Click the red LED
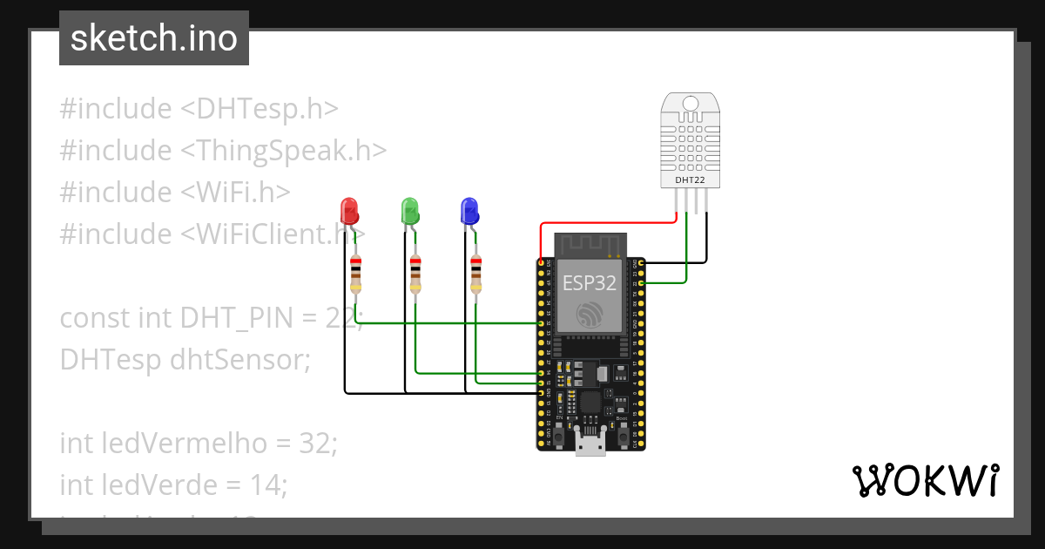point(349,211)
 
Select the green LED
point(409,211)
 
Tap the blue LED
point(469,211)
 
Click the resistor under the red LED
point(355,274)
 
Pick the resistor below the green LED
point(415,274)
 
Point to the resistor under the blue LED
point(475,274)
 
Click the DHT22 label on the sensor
point(691,180)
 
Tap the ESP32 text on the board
point(590,283)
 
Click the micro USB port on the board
point(590,445)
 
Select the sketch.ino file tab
point(154,38)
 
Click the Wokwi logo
point(925,481)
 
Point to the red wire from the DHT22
point(610,222)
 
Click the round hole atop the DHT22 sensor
point(691,104)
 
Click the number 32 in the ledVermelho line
point(317,443)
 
